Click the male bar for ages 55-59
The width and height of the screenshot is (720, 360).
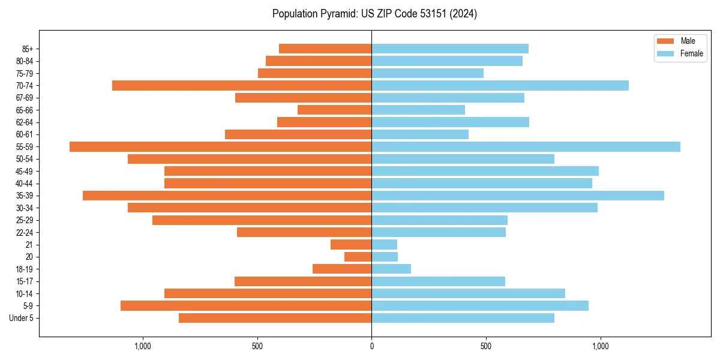click(x=220, y=146)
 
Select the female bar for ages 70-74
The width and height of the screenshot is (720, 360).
click(x=500, y=85)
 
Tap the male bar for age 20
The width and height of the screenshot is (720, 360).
click(x=358, y=257)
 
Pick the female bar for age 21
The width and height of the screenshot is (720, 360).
click(x=384, y=244)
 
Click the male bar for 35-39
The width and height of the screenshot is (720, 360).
click(x=227, y=196)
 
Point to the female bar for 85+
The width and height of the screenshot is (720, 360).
click(x=450, y=49)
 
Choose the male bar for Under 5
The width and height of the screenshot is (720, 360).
click(x=275, y=318)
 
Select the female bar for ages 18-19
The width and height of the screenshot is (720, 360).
click(x=391, y=269)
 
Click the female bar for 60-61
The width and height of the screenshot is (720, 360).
click(x=420, y=134)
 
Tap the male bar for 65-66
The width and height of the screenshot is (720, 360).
click(x=334, y=110)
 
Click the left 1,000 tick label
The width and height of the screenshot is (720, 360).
click(x=143, y=346)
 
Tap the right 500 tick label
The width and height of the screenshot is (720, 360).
click(x=486, y=346)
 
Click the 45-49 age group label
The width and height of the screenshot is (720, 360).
click(x=25, y=171)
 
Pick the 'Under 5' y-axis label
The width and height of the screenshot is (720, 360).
click(x=22, y=318)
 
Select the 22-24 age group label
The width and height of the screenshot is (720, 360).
click(x=25, y=232)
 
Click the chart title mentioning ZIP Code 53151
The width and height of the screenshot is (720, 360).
click(x=374, y=14)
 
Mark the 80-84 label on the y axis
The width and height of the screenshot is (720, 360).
click(x=25, y=61)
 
